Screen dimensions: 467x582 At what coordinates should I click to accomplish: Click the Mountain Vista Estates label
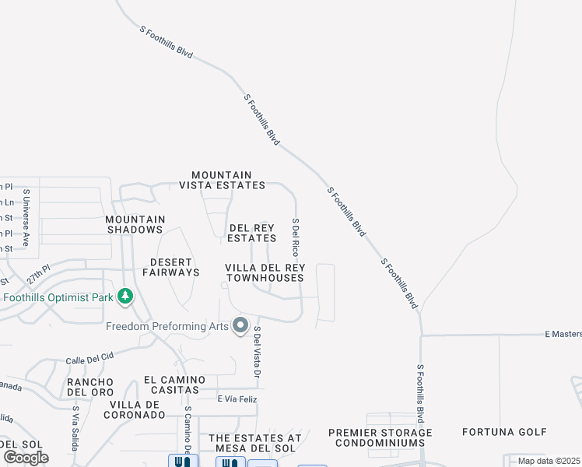click(x=222, y=180)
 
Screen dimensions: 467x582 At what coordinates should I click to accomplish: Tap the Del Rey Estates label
click(x=252, y=233)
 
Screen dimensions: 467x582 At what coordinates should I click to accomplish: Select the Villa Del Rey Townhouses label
click(x=265, y=272)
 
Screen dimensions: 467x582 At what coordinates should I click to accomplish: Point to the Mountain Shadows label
click(x=135, y=224)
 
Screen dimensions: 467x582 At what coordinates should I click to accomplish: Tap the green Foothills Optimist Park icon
click(x=124, y=297)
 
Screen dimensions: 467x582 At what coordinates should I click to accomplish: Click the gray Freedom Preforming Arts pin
click(x=241, y=325)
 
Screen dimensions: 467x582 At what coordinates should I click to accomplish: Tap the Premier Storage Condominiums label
click(x=380, y=437)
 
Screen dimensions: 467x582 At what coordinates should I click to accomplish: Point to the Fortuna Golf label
click(x=504, y=432)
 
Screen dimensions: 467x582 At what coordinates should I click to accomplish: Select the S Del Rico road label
click(x=296, y=237)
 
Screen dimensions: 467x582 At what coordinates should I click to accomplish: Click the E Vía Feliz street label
click(x=237, y=399)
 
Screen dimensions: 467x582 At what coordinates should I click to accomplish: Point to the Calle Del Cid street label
click(x=89, y=356)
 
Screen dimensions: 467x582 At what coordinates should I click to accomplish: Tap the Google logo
click(x=26, y=457)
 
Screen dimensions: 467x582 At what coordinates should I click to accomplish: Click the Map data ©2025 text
click(x=549, y=461)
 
